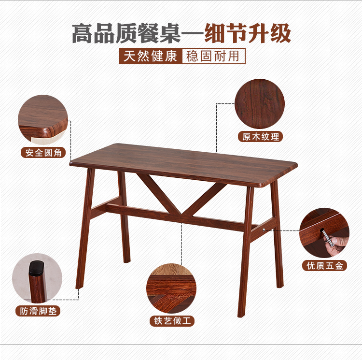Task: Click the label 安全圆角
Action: [43, 153]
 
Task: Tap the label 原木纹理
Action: [261, 137]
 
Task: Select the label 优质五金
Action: [324, 265]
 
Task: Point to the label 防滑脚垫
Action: [38, 311]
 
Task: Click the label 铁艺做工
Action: [172, 321]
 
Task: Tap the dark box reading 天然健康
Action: [151, 56]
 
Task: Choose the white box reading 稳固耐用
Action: [213, 56]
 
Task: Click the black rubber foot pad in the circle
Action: [37, 268]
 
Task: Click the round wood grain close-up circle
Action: [260, 104]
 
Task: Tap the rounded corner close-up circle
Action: [43, 120]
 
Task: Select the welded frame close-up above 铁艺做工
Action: [171, 288]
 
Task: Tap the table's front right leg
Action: [245, 252]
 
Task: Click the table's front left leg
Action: [85, 228]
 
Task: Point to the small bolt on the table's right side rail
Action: [264, 230]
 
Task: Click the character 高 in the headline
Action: [83, 33]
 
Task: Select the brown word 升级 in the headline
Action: [269, 33]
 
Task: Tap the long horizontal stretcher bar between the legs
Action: [181, 217]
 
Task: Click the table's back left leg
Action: [124, 217]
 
